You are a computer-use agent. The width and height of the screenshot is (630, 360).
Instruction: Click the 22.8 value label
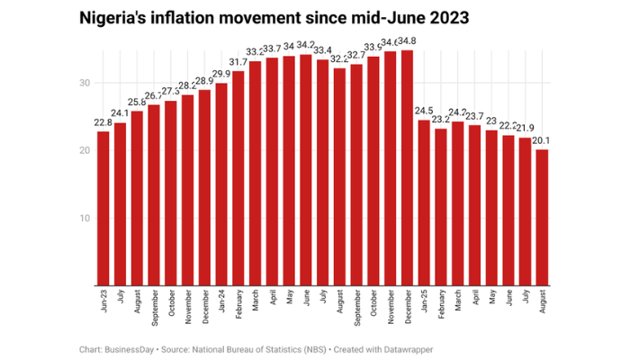coord(103,124)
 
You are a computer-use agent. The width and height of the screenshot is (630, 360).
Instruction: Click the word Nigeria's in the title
coord(115,17)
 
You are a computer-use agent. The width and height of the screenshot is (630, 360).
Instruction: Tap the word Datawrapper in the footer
coord(393,345)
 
